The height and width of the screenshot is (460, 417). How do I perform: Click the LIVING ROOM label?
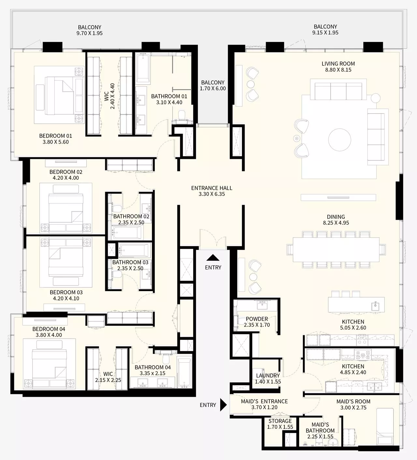click(338, 64)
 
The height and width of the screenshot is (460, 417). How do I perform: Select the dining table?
click(336, 249)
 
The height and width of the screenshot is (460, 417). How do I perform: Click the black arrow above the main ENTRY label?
click(213, 258)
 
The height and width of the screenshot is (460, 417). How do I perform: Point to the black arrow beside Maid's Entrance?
click(223, 405)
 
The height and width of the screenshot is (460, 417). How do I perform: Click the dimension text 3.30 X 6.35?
click(212, 194)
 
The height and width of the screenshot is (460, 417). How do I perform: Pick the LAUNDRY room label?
click(268, 375)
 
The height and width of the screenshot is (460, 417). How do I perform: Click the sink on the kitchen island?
click(375, 306)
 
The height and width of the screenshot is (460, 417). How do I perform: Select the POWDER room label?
click(257, 319)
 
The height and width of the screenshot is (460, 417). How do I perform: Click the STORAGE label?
click(280, 421)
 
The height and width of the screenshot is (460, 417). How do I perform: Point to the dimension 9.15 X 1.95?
click(325, 33)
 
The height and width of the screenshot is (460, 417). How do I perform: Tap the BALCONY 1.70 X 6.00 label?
click(212, 83)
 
